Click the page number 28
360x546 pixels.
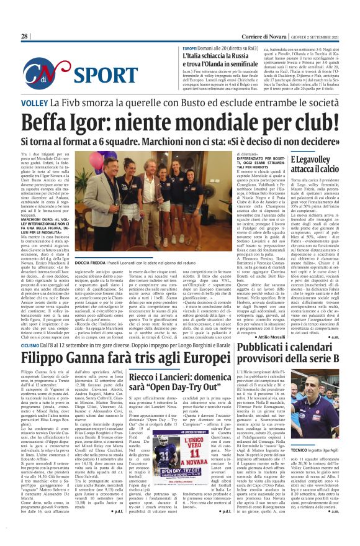click(x=24, y=36)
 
